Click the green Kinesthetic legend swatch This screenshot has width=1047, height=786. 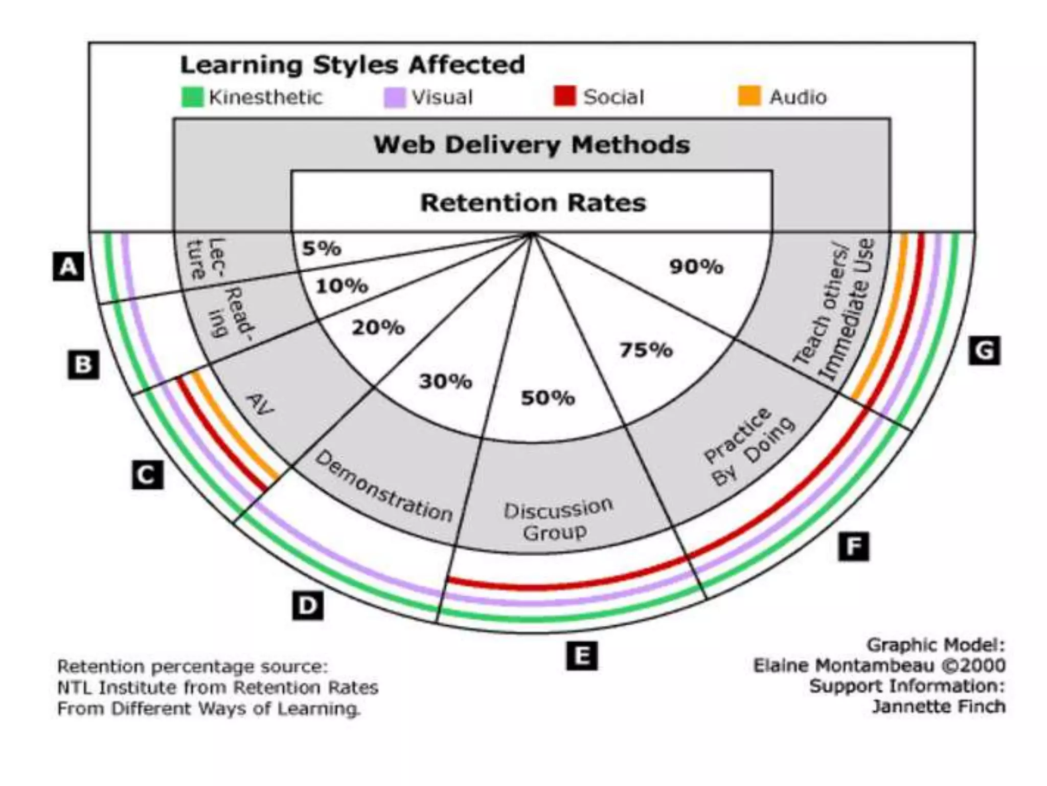(192, 97)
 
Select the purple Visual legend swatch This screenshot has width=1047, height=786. (395, 97)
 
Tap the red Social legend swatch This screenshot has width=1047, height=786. (564, 96)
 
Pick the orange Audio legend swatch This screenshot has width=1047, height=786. (749, 96)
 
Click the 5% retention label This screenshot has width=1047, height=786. (321, 249)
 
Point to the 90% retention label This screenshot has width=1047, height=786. (696, 267)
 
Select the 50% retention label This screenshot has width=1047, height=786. (548, 398)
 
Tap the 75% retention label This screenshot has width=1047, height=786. (646, 350)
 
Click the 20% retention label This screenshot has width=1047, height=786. (378, 327)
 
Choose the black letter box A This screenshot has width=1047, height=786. (68, 267)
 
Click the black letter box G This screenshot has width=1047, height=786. (984, 351)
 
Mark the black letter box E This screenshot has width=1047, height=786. (582, 656)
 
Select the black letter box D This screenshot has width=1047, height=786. (307, 605)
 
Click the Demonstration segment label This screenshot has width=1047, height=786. (383, 487)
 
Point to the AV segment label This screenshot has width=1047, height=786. (260, 404)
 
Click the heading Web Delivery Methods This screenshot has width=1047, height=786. (532, 145)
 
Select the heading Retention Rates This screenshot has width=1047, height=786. (533, 203)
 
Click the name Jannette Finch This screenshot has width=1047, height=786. (939, 707)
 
